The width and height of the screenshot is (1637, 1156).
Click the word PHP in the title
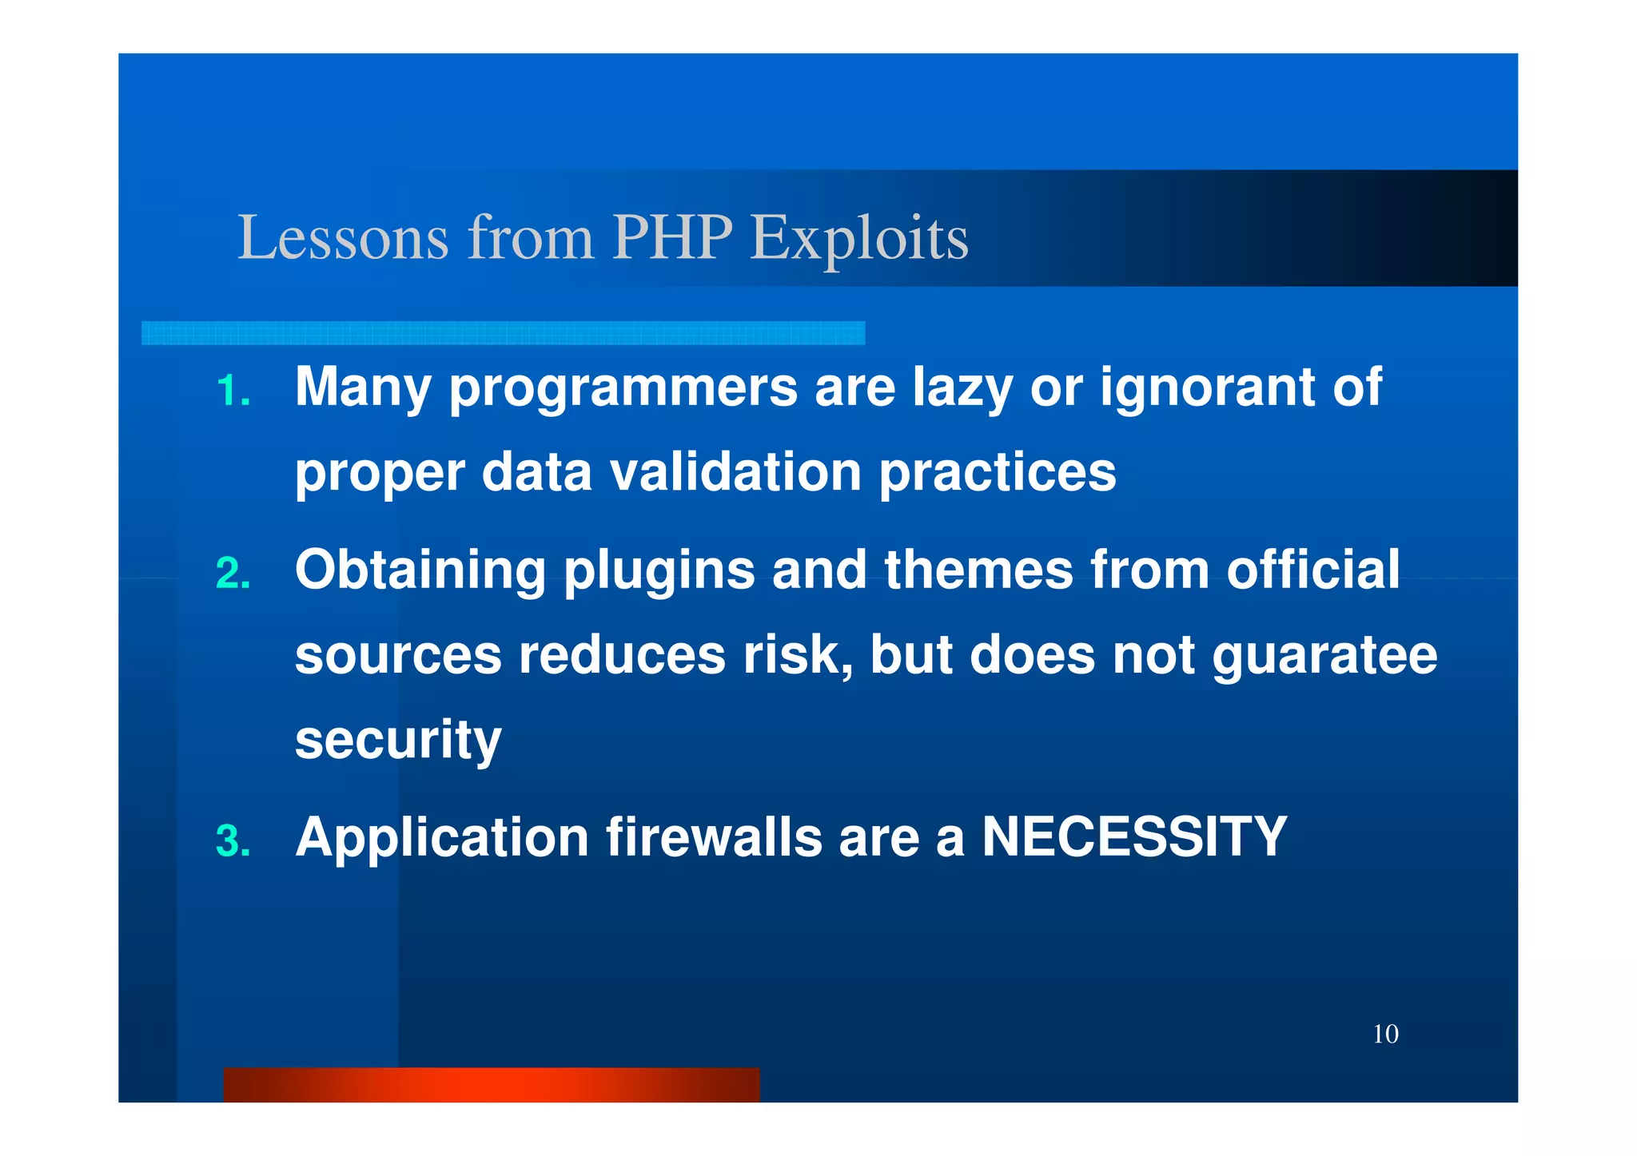coord(672,237)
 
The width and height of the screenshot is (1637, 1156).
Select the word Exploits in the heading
coord(859,237)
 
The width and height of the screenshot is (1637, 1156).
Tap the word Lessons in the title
coord(343,237)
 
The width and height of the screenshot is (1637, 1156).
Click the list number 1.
coord(233,391)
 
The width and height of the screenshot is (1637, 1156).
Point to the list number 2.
coord(233,574)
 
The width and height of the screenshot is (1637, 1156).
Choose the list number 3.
coord(233,841)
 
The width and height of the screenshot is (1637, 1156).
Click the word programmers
coord(623,388)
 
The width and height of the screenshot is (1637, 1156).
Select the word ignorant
coord(1207,388)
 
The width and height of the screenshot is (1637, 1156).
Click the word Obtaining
coord(420,570)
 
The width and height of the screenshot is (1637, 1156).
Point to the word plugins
coord(659,570)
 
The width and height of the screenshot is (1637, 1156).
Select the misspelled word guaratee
coord(1324,657)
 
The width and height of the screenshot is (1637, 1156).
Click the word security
coord(398,740)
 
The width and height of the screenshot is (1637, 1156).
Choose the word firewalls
coord(714,837)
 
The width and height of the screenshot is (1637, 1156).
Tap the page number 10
coord(1385,1035)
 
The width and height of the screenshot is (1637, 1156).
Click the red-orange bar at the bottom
coord(491,1085)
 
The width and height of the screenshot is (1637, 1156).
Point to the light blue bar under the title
coord(503,333)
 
